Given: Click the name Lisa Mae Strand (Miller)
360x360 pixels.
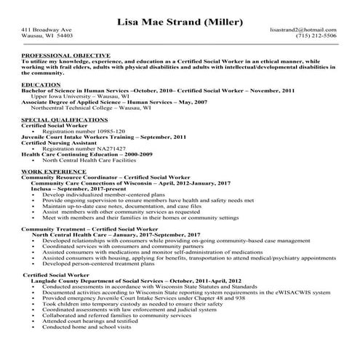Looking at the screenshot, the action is [180, 21].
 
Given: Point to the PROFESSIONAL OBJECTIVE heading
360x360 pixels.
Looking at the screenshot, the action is [65, 55].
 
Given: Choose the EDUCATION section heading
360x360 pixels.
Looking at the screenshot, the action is [41, 84].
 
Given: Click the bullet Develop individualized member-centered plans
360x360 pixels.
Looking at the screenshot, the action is [102, 195].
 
